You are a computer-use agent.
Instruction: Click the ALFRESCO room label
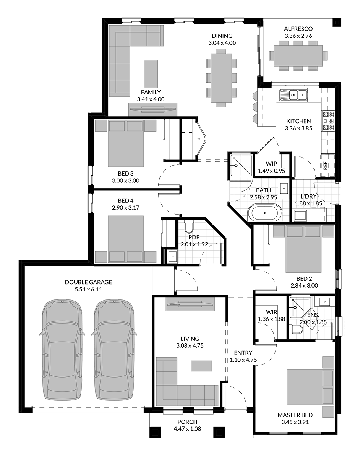click(298, 29)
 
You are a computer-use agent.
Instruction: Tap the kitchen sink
click(293, 94)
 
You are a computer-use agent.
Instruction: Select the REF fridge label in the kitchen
click(325, 166)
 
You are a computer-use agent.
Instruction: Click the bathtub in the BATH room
click(265, 213)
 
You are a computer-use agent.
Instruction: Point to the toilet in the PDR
click(189, 226)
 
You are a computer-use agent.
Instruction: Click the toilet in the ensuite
click(296, 330)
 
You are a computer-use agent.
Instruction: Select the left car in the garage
click(62, 350)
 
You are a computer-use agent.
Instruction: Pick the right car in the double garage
click(114, 350)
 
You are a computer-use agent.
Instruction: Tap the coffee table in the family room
click(151, 72)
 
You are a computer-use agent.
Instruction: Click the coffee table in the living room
click(201, 366)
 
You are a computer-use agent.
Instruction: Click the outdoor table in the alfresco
click(298, 55)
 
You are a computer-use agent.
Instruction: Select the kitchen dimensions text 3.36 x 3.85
click(298, 128)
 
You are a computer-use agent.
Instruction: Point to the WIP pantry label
click(271, 163)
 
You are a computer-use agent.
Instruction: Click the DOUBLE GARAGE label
click(88, 282)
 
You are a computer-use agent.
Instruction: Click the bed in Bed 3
click(126, 143)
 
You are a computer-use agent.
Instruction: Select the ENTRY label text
click(243, 353)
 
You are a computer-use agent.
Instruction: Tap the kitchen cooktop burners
click(329, 120)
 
